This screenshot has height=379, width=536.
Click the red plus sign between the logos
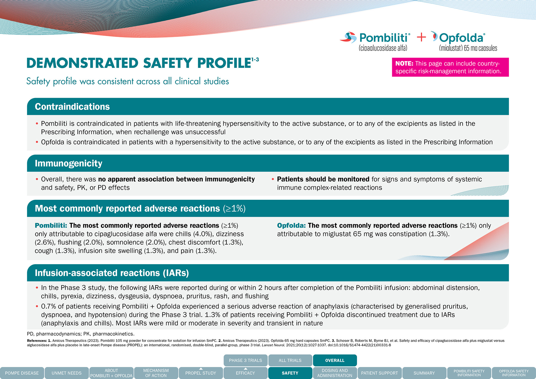[x=421, y=37]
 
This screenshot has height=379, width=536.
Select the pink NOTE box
[x=450, y=67]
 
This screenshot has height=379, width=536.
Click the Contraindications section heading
[x=72, y=107]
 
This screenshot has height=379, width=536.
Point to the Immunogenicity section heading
[x=68, y=163]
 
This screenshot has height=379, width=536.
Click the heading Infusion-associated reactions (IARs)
[x=112, y=273]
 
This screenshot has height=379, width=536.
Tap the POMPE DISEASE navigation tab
[x=22, y=373]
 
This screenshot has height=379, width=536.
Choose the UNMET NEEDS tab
[x=66, y=373]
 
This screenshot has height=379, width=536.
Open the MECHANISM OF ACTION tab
[x=156, y=373]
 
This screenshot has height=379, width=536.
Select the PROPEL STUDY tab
[x=201, y=373]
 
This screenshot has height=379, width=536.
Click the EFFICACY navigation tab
[x=245, y=373]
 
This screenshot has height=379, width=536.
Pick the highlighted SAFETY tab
[x=290, y=373]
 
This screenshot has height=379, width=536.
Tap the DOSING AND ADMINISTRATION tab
[x=335, y=373]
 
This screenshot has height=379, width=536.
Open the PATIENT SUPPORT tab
[x=379, y=373]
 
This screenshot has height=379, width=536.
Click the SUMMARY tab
[x=424, y=373]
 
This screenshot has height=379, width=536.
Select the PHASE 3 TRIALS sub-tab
[x=245, y=361]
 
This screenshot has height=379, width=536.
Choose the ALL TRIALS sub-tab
[x=290, y=361]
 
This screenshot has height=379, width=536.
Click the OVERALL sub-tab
[x=335, y=361]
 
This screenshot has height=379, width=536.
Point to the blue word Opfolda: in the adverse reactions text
[x=291, y=226]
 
